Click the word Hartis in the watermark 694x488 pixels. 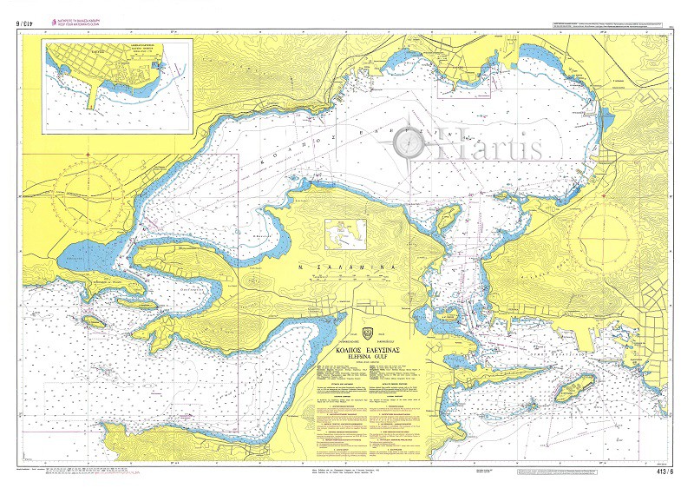click(495, 148)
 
